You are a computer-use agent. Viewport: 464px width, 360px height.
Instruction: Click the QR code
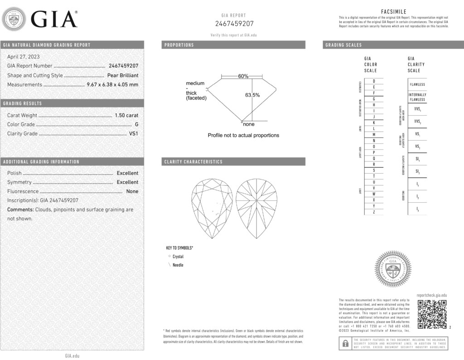(432, 314)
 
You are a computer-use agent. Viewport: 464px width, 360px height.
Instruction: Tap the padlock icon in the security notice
(345, 343)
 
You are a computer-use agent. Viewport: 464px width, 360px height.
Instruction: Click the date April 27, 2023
(24, 57)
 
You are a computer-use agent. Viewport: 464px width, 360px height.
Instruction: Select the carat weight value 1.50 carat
(127, 116)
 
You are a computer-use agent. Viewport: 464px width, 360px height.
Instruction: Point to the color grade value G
(136, 125)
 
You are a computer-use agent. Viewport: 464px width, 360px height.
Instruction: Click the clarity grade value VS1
(134, 134)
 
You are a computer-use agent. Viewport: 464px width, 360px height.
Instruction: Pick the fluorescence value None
(132, 191)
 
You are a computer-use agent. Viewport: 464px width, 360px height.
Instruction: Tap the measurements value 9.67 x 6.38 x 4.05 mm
(112, 84)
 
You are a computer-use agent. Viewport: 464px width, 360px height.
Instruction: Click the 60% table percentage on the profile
(243, 76)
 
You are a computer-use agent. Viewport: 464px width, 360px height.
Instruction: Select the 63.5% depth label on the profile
(252, 95)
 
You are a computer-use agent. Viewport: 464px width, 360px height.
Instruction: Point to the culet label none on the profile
(249, 124)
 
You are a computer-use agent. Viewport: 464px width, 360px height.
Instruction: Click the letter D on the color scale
(374, 81)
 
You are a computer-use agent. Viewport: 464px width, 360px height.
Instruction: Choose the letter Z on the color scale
(374, 212)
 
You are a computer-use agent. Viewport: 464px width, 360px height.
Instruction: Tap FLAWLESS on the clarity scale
(417, 84)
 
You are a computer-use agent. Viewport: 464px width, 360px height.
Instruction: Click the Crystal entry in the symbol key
(178, 257)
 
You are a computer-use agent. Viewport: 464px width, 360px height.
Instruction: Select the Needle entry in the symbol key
(178, 265)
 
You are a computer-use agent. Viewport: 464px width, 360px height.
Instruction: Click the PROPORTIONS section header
(179, 45)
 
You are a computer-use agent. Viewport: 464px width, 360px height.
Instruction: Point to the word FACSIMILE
(394, 12)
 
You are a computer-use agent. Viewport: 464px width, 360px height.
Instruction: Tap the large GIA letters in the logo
(54, 19)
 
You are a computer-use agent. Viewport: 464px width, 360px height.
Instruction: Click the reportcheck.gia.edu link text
(431, 295)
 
